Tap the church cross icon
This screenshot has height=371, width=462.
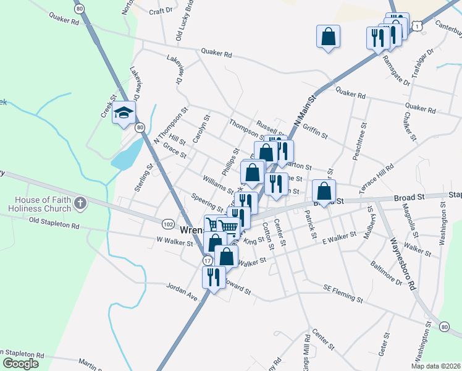click(x=79, y=203)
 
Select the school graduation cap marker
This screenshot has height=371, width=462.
click(x=124, y=113)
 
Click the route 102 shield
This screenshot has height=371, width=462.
click(x=168, y=223)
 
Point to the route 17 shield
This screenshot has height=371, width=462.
click(x=207, y=261)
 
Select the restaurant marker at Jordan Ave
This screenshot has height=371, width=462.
click(x=214, y=276)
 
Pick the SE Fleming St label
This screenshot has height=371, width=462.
click(x=343, y=294)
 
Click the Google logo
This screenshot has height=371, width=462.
click(x=22, y=364)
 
